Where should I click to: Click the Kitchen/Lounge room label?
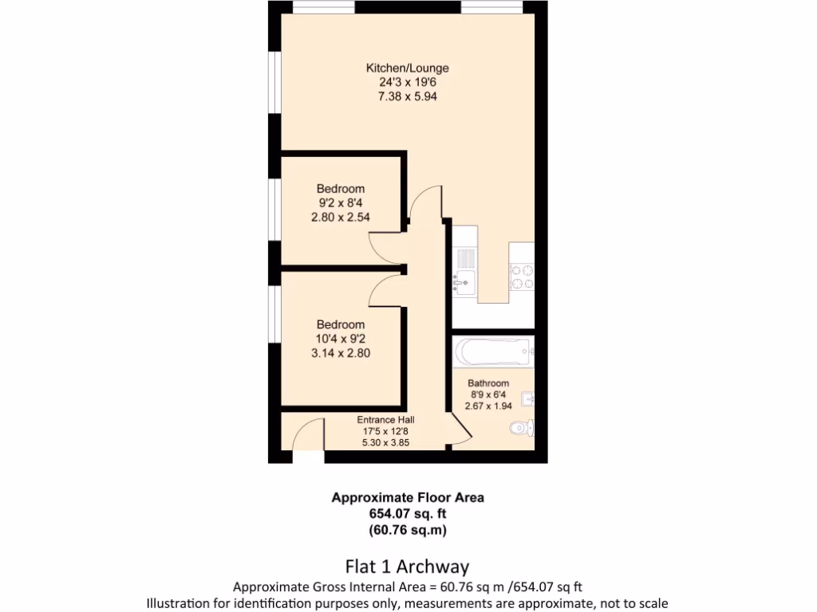tap(407, 68)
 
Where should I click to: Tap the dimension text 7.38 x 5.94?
tap(407, 96)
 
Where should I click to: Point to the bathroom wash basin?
tap(527, 398)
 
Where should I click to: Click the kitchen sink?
tap(463, 280)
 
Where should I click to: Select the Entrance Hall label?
tap(385, 420)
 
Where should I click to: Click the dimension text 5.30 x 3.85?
tap(385, 442)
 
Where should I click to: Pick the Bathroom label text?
tap(488, 383)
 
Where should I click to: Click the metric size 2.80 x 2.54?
tap(341, 217)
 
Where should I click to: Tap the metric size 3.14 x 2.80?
tap(341, 352)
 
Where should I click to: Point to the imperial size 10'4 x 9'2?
tap(341, 339)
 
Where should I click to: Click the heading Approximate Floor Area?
tap(408, 497)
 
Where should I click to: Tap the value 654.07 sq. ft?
tap(408, 513)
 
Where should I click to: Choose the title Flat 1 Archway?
tap(407, 567)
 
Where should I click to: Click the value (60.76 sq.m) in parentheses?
tap(408, 529)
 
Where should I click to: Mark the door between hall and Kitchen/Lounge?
tap(424, 204)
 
